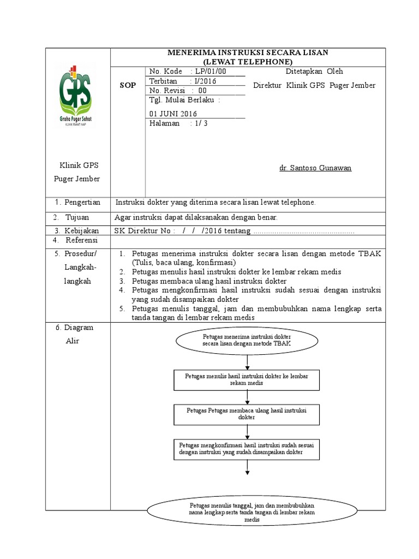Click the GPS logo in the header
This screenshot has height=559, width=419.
coord(76,94)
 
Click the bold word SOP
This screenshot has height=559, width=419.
coord(127,86)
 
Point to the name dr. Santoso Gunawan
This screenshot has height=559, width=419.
coord(315,168)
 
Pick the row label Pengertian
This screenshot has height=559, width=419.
coord(81,203)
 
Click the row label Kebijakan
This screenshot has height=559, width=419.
coord(81,230)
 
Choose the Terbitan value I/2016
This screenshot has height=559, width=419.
coord(204,81)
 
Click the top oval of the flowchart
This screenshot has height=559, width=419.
coord(248,342)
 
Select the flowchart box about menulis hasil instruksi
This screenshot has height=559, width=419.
coord(247,379)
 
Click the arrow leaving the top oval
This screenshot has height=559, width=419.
coord(248,361)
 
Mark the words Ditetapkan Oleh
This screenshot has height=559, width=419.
coord(314,72)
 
